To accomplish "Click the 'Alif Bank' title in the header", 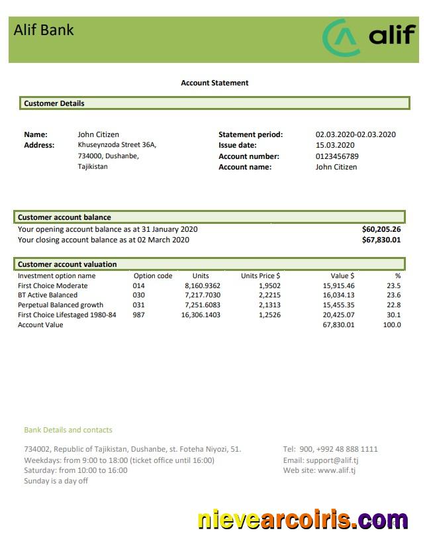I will click(44, 30).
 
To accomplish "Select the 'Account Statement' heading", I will click(215, 83).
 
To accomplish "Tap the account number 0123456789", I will click(337, 156).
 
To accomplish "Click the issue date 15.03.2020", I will click(335, 145).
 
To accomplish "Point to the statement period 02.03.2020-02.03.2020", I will click(356, 134).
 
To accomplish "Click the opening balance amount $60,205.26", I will click(381, 229).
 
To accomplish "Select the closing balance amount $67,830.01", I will click(381, 240).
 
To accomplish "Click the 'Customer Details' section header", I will click(54, 103).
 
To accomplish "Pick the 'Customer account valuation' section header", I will click(67, 264).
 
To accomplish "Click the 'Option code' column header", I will click(153, 276).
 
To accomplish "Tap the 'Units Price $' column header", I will click(260, 276).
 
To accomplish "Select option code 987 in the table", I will click(138, 315).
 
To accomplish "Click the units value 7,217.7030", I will click(203, 295).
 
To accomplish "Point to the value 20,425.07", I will click(338, 315).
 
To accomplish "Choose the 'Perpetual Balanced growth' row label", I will click(60, 305).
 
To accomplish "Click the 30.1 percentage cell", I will click(393, 315).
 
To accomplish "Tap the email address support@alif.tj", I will click(320, 460).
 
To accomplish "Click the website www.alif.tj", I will click(319, 470).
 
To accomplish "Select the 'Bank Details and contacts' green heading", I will click(68, 430).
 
